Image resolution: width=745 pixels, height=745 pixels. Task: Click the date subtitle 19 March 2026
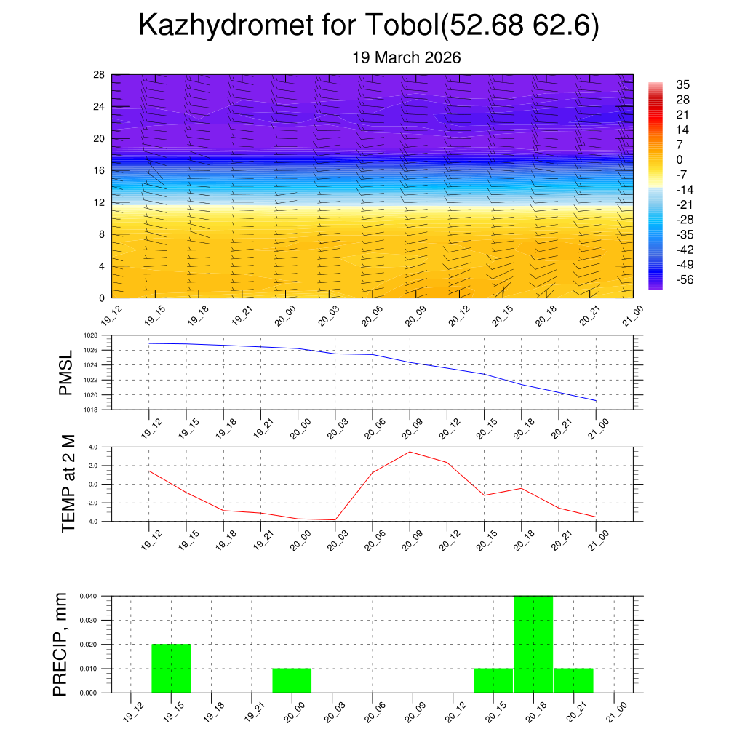406,57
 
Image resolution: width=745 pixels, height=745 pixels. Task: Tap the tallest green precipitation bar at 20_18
533,644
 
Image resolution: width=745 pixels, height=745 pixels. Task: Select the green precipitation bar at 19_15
171,668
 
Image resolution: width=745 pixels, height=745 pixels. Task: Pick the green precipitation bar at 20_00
292,680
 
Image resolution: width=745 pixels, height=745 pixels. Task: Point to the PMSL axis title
66,373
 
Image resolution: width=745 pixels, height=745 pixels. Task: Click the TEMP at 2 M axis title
68,483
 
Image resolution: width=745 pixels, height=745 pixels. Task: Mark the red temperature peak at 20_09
410,452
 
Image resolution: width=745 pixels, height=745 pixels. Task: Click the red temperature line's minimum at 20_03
335,520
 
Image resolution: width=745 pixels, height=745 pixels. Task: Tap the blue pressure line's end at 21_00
597,401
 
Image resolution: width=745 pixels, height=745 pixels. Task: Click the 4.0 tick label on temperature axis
93,447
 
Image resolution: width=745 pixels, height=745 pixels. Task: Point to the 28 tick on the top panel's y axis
100,74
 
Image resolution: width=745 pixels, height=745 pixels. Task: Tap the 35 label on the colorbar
682,84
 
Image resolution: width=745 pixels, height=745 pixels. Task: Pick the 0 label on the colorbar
680,159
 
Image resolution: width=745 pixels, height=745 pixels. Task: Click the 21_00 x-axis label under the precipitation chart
615,710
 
